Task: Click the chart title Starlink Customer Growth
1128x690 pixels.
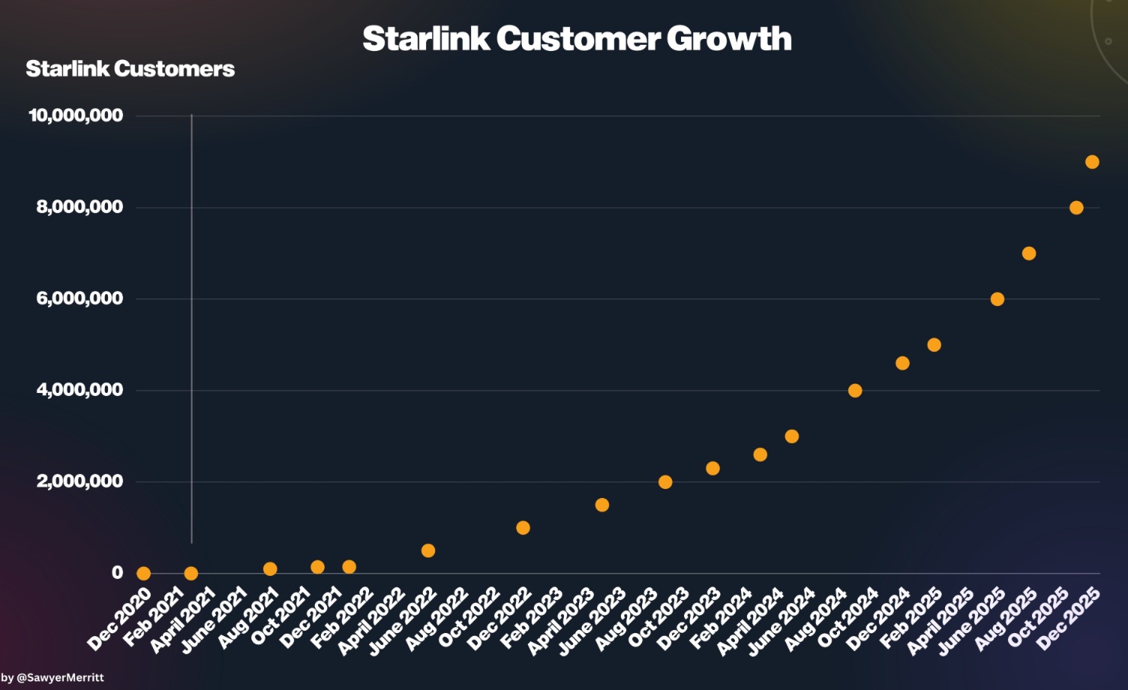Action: pyautogui.click(x=577, y=39)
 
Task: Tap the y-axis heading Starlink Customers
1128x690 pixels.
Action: pyautogui.click(x=130, y=69)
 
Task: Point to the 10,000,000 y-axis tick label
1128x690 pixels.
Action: pyautogui.click(x=76, y=115)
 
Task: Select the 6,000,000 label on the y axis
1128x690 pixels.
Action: pyautogui.click(x=79, y=298)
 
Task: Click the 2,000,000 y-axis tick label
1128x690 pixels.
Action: pyautogui.click(x=79, y=481)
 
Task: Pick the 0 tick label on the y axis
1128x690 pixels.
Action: pyautogui.click(x=117, y=573)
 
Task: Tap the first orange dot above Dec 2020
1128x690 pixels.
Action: pyautogui.click(x=143, y=574)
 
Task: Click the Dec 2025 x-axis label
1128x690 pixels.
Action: pyautogui.click(x=1069, y=617)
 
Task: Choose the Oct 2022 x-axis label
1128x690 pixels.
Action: pyautogui.click(x=469, y=616)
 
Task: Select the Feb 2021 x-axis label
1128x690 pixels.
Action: pyautogui.click(x=154, y=616)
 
